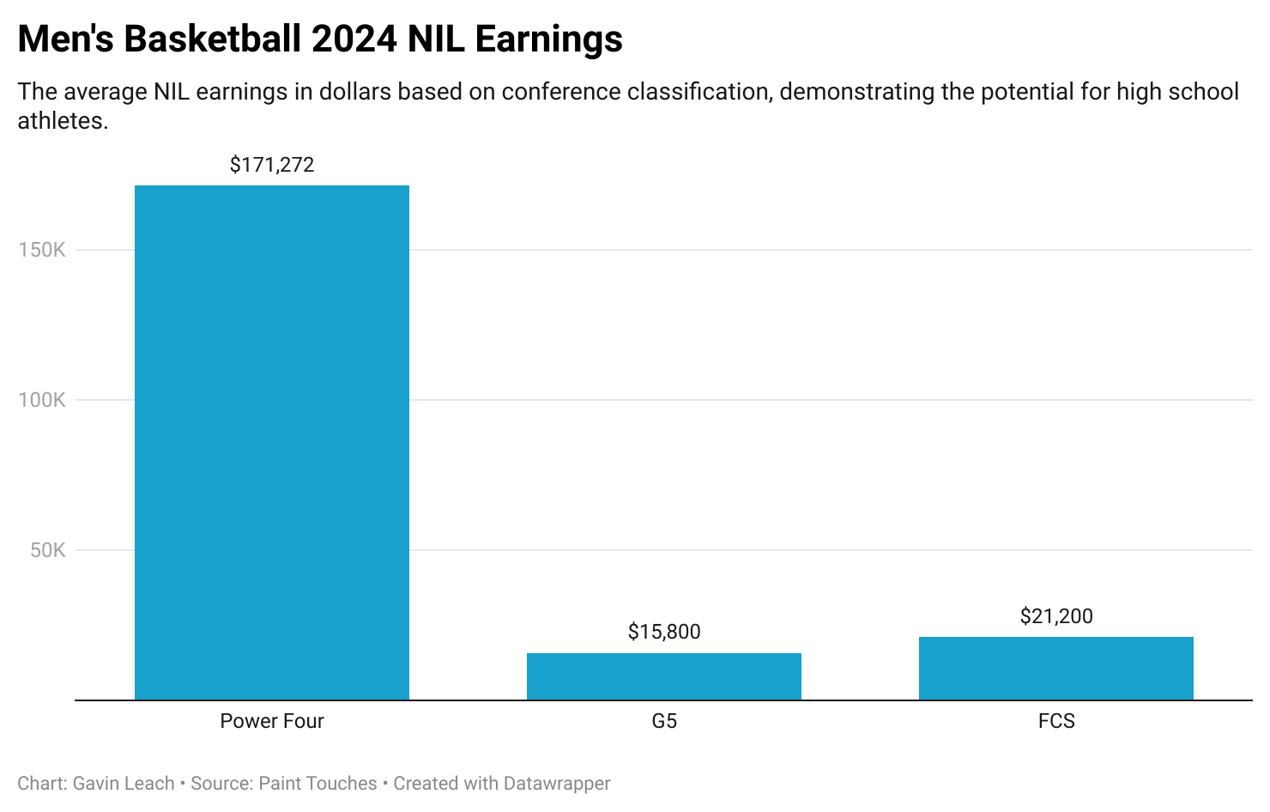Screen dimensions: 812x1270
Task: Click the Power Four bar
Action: click(x=272, y=442)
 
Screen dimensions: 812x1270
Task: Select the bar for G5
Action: click(x=663, y=676)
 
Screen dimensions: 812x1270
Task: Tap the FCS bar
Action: click(x=1055, y=668)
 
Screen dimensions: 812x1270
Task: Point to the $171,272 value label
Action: click(x=272, y=165)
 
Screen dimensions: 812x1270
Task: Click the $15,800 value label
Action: click(x=664, y=633)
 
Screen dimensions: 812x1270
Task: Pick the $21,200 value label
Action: click(x=1056, y=616)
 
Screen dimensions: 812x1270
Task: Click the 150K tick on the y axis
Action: click(x=42, y=250)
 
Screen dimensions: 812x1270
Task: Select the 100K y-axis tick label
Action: click(x=42, y=400)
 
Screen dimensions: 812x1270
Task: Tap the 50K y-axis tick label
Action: click(x=48, y=550)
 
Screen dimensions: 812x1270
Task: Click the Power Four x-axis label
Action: click(x=272, y=721)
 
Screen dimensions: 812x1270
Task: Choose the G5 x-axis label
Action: click(x=664, y=721)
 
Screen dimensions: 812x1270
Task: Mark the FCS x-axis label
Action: click(x=1056, y=721)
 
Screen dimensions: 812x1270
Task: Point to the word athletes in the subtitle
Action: click(x=59, y=121)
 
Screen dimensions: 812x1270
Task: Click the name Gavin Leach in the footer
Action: click(x=124, y=784)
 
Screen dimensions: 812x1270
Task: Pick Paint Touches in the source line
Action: click(x=317, y=784)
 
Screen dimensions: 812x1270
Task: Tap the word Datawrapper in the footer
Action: click(x=557, y=784)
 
